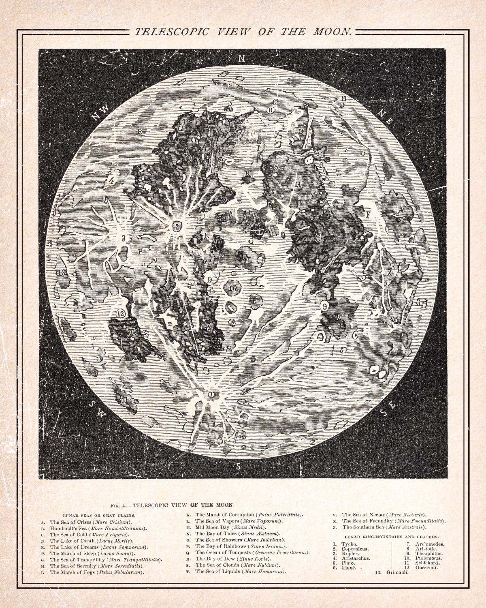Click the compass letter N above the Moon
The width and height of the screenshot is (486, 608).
(x=241, y=58)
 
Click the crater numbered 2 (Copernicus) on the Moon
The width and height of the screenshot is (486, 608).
(x=177, y=227)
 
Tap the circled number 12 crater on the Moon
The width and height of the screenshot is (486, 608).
(x=121, y=313)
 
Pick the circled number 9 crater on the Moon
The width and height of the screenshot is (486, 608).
(x=324, y=306)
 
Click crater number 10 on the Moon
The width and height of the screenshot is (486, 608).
(x=232, y=288)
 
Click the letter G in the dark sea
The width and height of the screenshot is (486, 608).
(x=318, y=239)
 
